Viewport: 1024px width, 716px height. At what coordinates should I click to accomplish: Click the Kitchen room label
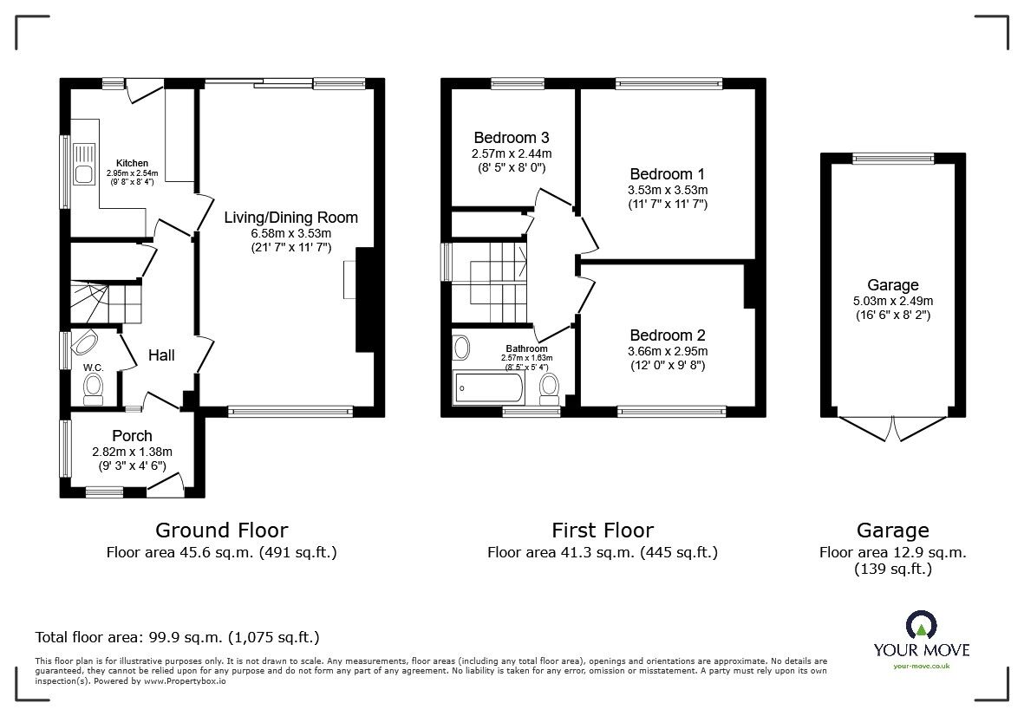tap(133, 163)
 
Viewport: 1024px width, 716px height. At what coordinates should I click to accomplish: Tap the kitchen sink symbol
tap(84, 166)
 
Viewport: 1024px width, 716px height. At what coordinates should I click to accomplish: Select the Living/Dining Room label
tap(290, 218)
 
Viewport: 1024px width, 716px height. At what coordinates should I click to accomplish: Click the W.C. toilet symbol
tap(93, 393)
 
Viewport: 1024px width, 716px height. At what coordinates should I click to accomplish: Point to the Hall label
tap(161, 355)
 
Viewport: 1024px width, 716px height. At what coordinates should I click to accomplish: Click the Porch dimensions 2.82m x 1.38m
tap(132, 452)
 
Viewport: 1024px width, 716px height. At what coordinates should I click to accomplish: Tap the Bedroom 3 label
tap(511, 138)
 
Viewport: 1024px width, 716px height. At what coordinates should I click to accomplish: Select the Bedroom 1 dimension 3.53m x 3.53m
tap(668, 190)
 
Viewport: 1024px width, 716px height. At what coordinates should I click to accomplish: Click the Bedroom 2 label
tap(668, 335)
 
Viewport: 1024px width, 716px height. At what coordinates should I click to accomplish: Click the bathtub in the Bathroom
tap(488, 388)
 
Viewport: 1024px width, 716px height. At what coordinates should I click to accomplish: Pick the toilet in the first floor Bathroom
tap(549, 388)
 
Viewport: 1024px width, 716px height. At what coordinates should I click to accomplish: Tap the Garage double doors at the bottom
tap(892, 428)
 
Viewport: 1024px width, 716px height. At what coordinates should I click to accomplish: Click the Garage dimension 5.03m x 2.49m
tap(892, 301)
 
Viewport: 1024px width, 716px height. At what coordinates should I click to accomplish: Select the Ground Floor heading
tap(221, 530)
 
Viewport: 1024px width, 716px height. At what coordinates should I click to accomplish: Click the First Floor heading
tap(603, 530)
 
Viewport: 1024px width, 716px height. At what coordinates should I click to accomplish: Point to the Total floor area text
tap(177, 637)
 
